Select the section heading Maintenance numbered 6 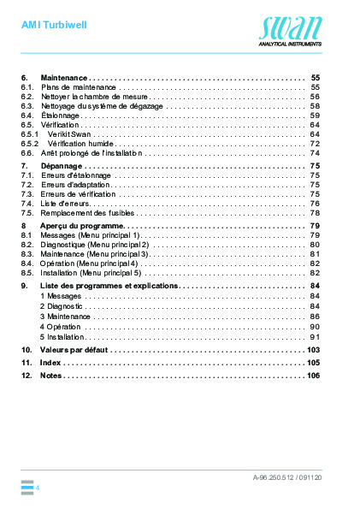point(64,77)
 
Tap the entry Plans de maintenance point(79,87)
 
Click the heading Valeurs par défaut point(74,350)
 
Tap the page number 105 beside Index point(312,364)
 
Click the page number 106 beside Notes point(312,376)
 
